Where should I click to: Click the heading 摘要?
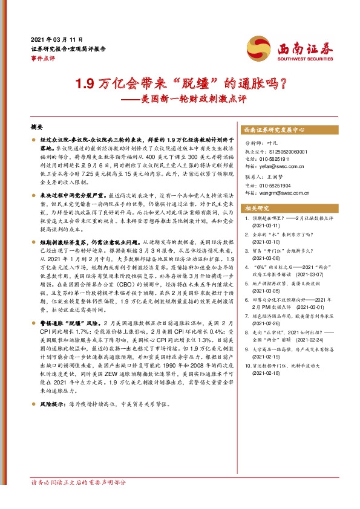point(37,129)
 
